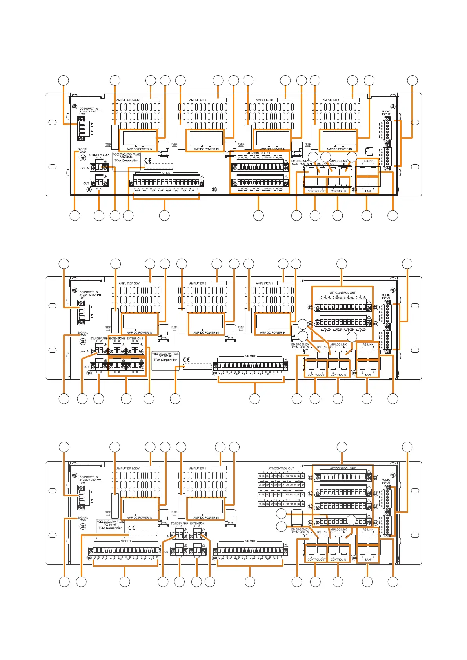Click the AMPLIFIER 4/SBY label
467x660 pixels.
coord(128,100)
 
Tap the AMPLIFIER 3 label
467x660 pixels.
coord(198,100)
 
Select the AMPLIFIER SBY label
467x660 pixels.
coord(129,283)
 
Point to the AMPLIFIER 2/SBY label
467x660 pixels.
coord(128,468)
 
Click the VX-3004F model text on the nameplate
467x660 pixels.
coord(126,157)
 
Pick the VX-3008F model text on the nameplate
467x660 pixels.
coord(165,357)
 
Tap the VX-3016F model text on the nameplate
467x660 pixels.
coord(110,525)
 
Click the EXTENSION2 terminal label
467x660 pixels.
coord(117,339)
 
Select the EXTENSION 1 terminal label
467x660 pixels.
coord(135,339)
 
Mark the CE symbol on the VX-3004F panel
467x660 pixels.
coord(148,160)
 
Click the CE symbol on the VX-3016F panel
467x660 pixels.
coord(132,528)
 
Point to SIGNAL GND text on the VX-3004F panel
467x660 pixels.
coord(83,150)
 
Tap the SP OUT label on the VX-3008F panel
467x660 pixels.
coord(250,356)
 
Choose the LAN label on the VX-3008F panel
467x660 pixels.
coord(368,375)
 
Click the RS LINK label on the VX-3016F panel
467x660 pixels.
coord(368,529)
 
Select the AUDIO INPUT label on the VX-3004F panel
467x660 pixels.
coord(386,113)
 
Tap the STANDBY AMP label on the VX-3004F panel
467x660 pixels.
coord(99,155)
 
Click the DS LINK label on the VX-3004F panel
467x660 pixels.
coord(322,164)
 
